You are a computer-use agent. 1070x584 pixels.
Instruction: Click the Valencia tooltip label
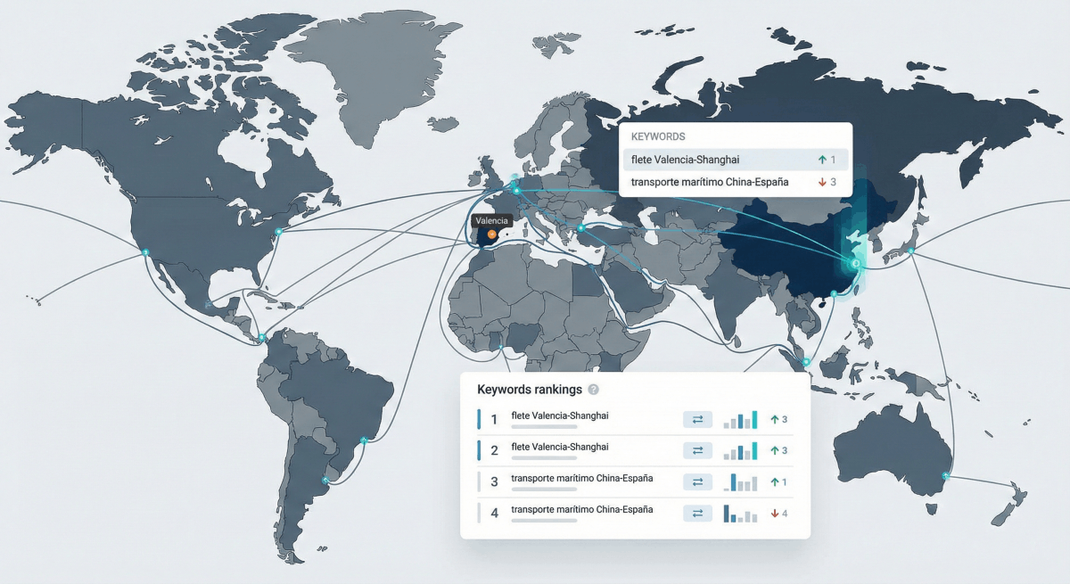click(492, 220)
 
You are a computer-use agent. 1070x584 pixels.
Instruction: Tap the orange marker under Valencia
click(491, 234)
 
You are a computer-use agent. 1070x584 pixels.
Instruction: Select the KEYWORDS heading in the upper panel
click(657, 137)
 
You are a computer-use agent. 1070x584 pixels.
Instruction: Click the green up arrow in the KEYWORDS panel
click(822, 160)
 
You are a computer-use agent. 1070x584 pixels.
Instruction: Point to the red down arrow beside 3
click(822, 182)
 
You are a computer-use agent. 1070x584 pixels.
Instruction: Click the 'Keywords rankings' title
click(530, 390)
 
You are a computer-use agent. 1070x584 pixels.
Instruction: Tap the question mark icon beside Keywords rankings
click(594, 390)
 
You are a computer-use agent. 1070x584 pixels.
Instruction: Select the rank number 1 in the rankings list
click(494, 419)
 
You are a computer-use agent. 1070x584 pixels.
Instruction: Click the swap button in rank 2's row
click(697, 450)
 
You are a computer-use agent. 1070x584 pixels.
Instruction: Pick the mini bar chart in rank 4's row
click(740, 514)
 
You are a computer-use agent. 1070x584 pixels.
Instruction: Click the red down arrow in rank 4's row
click(775, 514)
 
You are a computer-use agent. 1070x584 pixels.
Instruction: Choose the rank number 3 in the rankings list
click(494, 482)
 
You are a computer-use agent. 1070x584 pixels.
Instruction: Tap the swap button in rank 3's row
click(697, 482)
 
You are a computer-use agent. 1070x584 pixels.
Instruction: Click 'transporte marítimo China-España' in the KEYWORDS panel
click(709, 182)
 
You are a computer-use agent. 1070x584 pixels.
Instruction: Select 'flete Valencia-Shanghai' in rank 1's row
click(559, 415)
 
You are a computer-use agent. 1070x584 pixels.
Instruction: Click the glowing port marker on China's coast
click(854, 264)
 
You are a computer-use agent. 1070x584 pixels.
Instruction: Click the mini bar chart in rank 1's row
click(740, 419)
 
